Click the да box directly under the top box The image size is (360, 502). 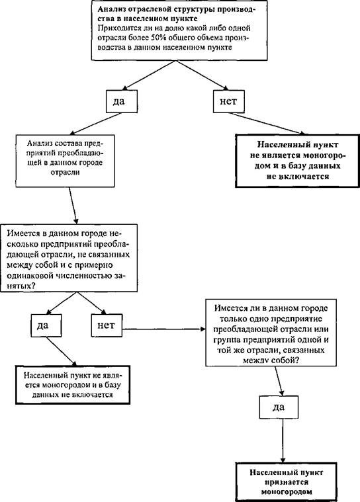pos(122,101)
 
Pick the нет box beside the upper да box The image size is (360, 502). pos(229,101)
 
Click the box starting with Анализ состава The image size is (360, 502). pos(65,161)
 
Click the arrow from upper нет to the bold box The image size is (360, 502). pos(267,124)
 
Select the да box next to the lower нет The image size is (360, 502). pos(46,325)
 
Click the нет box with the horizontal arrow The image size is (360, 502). pos(107,325)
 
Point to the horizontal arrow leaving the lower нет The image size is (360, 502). pos(164,329)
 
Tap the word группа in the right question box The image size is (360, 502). pos(228,340)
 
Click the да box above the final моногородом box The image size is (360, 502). pos(279,407)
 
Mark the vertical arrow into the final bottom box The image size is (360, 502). pos(283,440)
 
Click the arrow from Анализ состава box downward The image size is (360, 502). pos(73,206)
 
